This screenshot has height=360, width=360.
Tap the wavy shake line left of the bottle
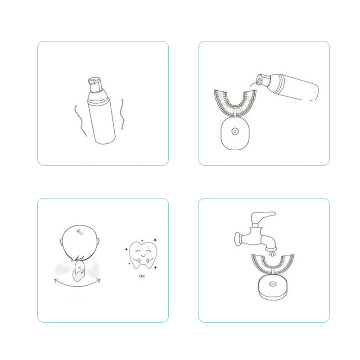80,121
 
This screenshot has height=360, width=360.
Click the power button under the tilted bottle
234,131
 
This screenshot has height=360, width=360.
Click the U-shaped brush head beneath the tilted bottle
235,103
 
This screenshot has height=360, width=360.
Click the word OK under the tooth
142,276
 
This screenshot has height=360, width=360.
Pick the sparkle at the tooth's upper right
155,240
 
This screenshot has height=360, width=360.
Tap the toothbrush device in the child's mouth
79,271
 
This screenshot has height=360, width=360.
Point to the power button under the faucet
273,284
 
